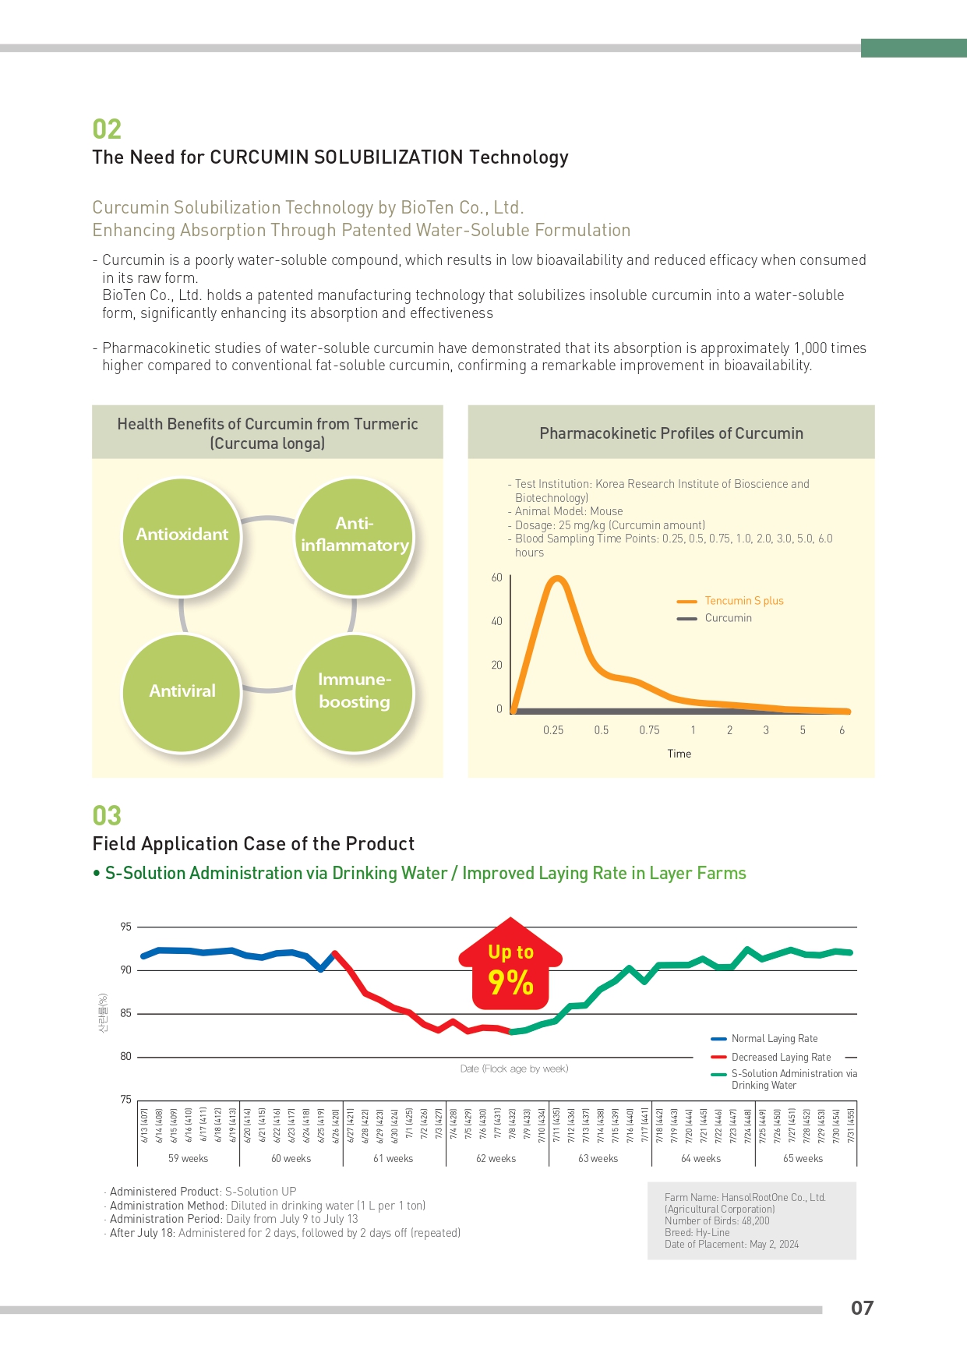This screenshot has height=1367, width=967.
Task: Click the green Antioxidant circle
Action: pos(182,536)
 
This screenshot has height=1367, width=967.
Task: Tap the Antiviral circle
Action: pos(182,692)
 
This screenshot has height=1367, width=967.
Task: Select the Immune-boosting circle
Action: pos(355,692)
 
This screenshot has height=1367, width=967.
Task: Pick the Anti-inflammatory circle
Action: pos(355,536)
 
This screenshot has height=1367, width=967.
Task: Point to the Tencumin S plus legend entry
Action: pos(743,601)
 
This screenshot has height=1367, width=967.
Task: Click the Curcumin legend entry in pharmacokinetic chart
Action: pos(728,618)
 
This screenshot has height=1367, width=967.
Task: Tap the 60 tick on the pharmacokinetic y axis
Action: pos(496,578)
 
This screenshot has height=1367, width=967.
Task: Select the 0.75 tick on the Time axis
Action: pos(649,730)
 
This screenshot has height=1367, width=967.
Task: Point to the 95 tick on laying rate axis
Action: pos(125,927)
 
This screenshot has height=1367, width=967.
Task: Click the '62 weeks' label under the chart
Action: pos(496,1158)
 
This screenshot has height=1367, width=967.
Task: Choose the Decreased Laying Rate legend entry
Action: pos(781,1058)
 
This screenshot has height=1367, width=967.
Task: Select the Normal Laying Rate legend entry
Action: pos(775,1039)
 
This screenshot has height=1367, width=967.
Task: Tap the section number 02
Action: pos(107,129)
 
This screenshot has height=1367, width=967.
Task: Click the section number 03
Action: pos(107,816)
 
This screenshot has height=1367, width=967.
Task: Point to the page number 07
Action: pos(862,1308)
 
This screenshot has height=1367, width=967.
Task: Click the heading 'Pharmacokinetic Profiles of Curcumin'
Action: pos(671,433)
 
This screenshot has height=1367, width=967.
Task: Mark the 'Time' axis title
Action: pos(679,754)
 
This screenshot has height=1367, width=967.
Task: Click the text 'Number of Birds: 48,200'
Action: pos(717,1220)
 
